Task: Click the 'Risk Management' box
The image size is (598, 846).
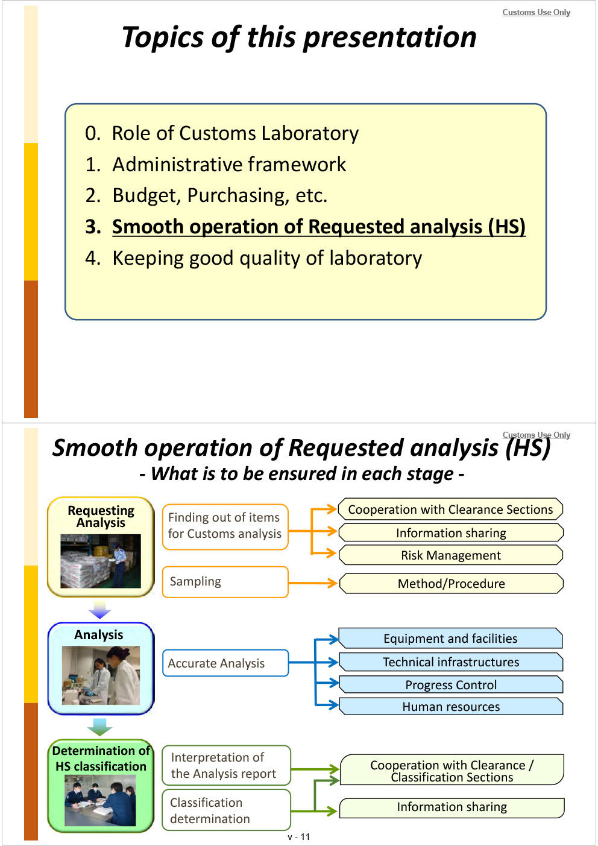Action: (451, 555)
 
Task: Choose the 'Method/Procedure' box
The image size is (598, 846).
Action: (451, 584)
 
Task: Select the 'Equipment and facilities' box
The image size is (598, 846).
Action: (450, 639)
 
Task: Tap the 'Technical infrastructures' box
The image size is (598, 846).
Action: (451, 662)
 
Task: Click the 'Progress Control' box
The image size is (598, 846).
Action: (451, 685)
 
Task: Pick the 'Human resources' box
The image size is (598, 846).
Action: (451, 707)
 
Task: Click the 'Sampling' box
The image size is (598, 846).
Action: (225, 582)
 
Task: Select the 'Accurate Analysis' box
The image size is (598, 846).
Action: (225, 663)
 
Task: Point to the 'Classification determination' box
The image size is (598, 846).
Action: (226, 810)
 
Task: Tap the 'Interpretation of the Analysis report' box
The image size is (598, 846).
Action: (226, 765)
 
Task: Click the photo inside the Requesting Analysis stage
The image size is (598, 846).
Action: (100, 561)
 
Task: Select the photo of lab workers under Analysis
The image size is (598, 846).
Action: (101, 675)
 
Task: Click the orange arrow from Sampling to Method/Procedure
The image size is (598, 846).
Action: (312, 583)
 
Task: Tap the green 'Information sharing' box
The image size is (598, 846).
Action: (452, 807)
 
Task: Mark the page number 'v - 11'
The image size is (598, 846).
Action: (299, 837)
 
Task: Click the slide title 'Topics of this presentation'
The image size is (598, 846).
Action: (299, 37)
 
